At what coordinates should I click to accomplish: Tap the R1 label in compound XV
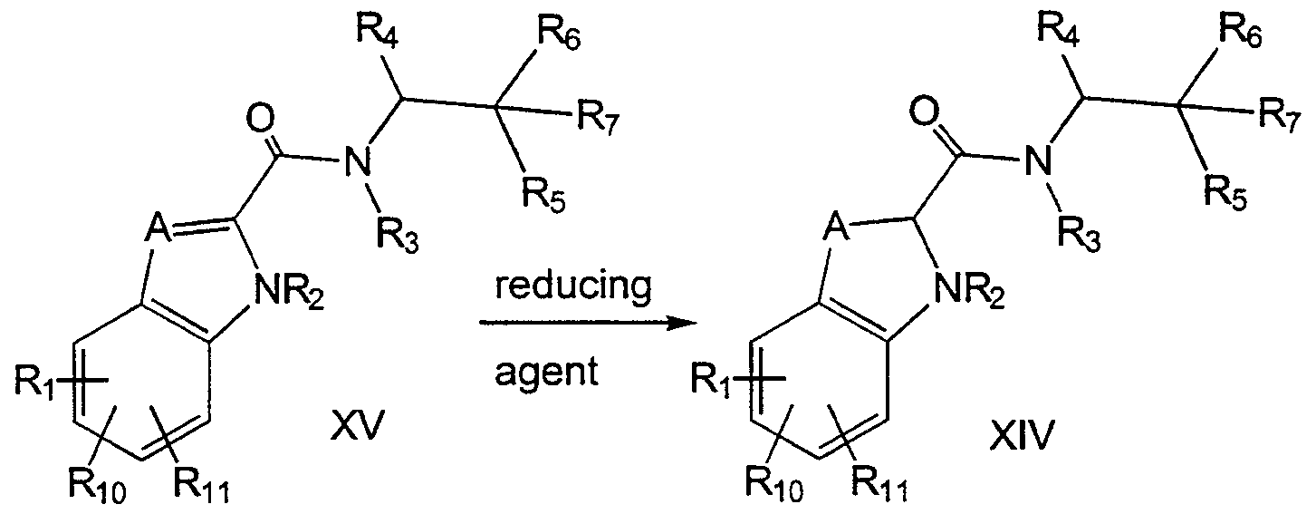[x=36, y=383]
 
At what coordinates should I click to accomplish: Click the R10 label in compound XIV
[x=774, y=484]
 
